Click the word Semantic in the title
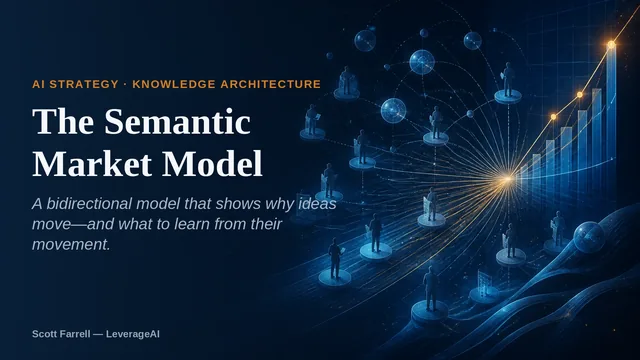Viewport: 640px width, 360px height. (x=177, y=121)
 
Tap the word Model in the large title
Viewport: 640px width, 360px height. (x=212, y=164)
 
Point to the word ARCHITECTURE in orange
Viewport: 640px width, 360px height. (x=271, y=84)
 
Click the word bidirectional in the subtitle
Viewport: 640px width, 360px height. (x=90, y=203)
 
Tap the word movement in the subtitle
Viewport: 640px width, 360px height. (x=71, y=244)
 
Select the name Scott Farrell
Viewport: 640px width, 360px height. (x=61, y=334)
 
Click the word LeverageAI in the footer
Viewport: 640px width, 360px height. (x=133, y=334)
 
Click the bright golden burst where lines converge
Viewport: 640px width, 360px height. (x=507, y=178)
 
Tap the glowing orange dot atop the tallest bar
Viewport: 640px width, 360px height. (x=611, y=44)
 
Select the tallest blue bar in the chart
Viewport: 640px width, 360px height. (x=611, y=106)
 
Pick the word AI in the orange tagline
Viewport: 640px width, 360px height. (x=38, y=84)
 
